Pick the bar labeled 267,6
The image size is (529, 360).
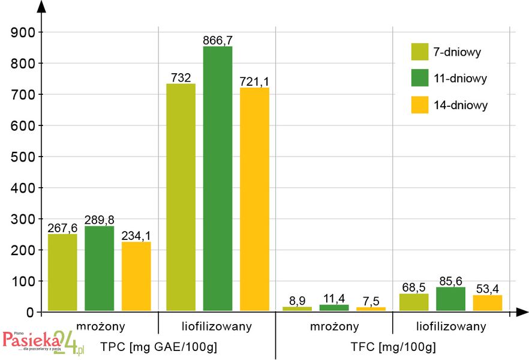click(62, 272)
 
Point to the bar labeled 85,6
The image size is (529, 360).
click(450, 299)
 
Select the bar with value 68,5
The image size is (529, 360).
click(414, 302)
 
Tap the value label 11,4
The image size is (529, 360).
click(333, 298)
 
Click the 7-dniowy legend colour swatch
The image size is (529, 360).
click(420, 52)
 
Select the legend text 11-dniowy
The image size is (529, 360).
click(461, 79)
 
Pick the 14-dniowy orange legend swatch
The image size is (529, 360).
click(420, 105)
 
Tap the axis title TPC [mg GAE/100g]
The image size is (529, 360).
click(158, 347)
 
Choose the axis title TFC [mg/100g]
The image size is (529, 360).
click(393, 347)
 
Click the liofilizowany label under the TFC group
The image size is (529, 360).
click(452, 326)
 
